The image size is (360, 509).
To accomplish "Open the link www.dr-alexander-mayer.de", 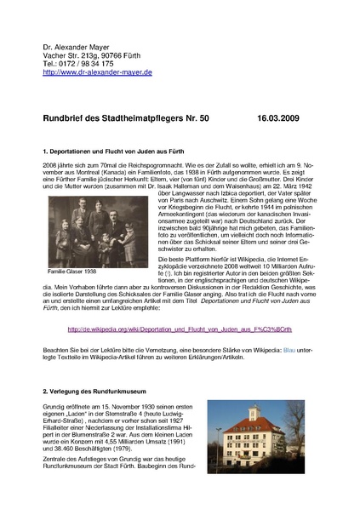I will click(97, 73).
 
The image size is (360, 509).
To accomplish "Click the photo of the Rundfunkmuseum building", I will click(259, 437).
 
